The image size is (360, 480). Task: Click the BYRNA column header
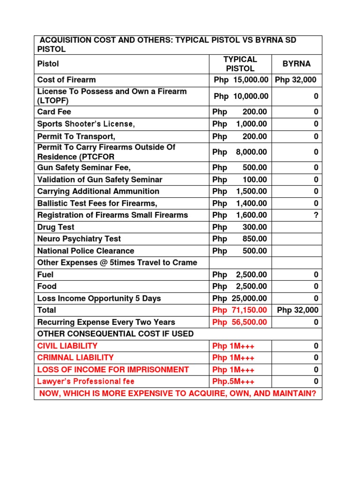click(x=296, y=64)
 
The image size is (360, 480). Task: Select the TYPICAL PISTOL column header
click(x=240, y=64)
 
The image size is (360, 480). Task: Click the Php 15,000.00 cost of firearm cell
click(x=240, y=80)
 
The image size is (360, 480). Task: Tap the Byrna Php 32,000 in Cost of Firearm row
click(x=296, y=80)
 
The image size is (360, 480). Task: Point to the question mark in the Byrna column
click(x=316, y=215)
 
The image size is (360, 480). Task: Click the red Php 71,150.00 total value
click(x=240, y=310)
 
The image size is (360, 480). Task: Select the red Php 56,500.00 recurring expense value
click(x=240, y=322)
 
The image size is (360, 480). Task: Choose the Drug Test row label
click(x=56, y=227)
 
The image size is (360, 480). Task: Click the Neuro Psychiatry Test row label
click(x=79, y=239)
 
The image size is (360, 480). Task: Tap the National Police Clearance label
click(x=85, y=251)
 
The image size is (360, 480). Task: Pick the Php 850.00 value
click(x=240, y=239)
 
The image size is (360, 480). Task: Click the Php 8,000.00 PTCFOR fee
click(x=240, y=152)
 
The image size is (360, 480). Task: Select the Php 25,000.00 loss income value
click(x=240, y=298)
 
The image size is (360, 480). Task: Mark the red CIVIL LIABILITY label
click(x=67, y=346)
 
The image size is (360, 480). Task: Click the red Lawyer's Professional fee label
click(x=86, y=382)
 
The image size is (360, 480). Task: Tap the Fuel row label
click(x=45, y=275)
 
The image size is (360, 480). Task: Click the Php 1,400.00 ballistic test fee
click(x=240, y=203)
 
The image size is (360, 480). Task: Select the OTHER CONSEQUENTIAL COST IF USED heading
click(x=115, y=334)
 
